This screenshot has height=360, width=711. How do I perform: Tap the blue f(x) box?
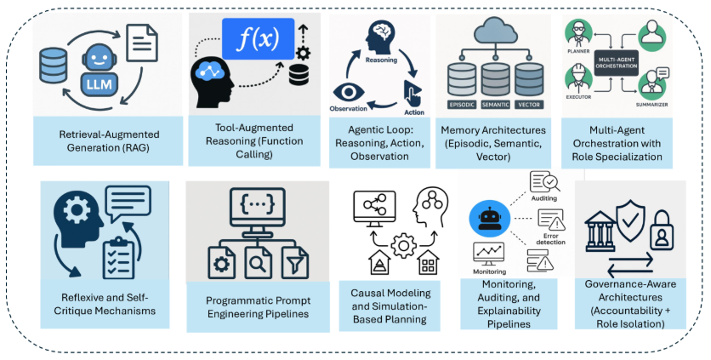[x=257, y=40]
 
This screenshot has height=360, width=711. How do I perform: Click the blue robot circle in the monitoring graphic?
[x=487, y=220]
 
